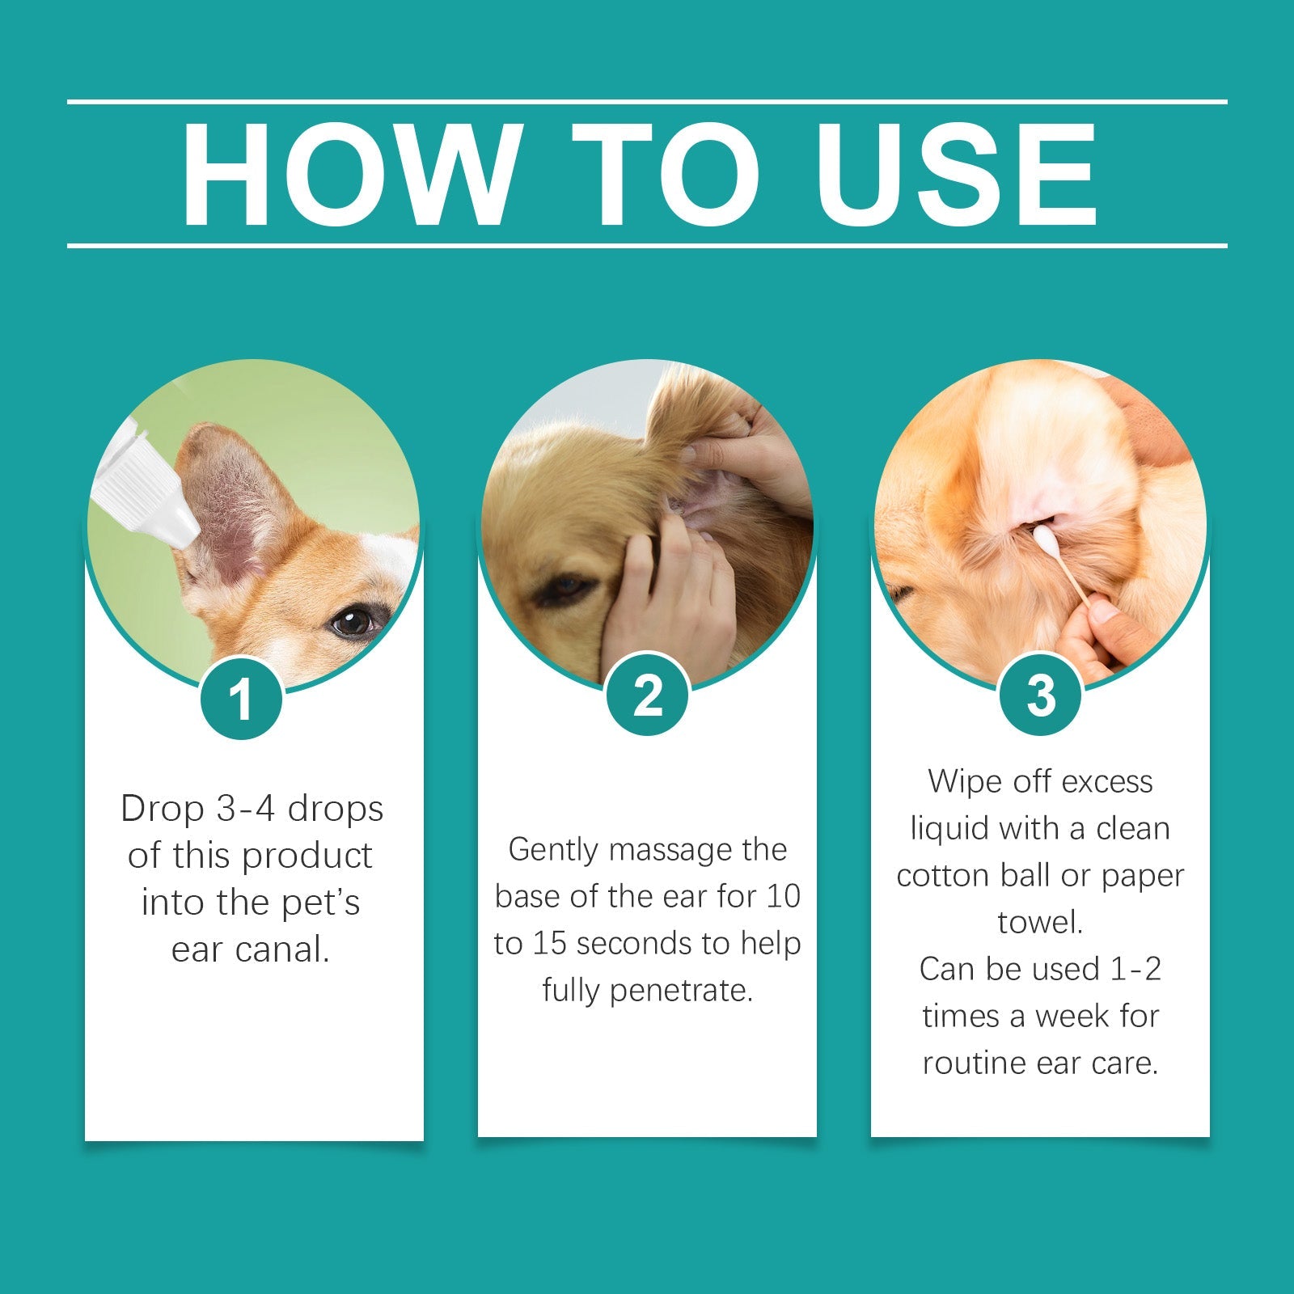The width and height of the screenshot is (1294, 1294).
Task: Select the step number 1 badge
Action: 241,699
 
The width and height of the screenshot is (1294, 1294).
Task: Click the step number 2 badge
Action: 647,695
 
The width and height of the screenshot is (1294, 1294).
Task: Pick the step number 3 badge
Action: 1041,695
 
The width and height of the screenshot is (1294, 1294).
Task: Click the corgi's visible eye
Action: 353,622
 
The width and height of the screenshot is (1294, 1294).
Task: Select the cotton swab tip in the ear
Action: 1044,536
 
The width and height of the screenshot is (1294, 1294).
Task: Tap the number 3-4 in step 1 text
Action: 246,809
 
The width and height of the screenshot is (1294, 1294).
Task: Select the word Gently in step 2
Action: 553,850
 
